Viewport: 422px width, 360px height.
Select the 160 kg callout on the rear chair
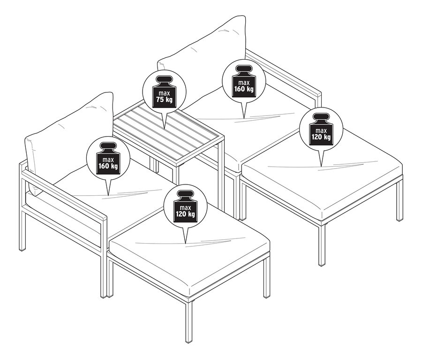click(x=244, y=81)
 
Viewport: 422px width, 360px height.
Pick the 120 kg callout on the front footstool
click(x=185, y=207)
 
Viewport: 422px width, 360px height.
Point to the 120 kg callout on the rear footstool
click(x=321, y=129)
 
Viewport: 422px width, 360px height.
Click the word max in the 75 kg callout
click(x=164, y=93)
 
